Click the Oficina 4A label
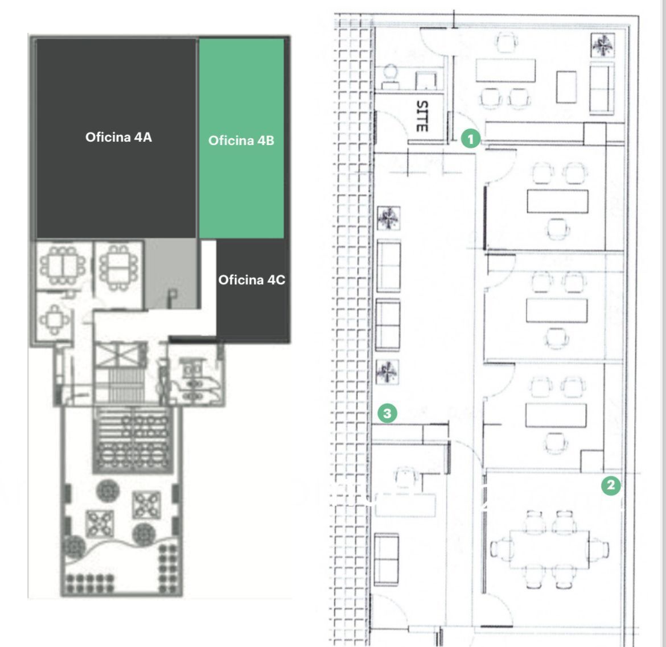118,137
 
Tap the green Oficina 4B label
241,140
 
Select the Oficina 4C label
252,280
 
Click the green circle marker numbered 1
470,138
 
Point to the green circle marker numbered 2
611,485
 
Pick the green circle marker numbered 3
387,413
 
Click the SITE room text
422,116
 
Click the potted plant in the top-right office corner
602,45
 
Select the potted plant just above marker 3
387,372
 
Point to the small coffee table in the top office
566,87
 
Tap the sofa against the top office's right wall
602,88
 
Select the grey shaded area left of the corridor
171,274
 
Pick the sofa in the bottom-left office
386,559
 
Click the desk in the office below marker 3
405,505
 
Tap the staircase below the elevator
120,385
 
